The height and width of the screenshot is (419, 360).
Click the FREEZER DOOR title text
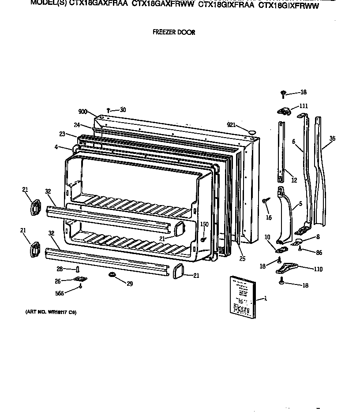(x=173, y=32)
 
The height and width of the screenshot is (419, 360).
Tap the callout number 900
(x=82, y=112)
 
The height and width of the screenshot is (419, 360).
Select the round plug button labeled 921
(x=252, y=131)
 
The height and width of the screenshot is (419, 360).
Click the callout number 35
(x=332, y=138)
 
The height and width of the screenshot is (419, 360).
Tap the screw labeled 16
(x=264, y=201)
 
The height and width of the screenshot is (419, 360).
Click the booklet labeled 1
(x=242, y=295)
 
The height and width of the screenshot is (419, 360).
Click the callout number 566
(x=71, y=293)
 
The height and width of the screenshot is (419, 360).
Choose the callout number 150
(x=204, y=224)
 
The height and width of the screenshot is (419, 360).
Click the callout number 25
(x=242, y=258)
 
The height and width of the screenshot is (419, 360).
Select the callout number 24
(x=77, y=125)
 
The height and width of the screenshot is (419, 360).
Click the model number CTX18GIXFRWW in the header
(x=288, y=5)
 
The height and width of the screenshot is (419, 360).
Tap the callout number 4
(x=56, y=146)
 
